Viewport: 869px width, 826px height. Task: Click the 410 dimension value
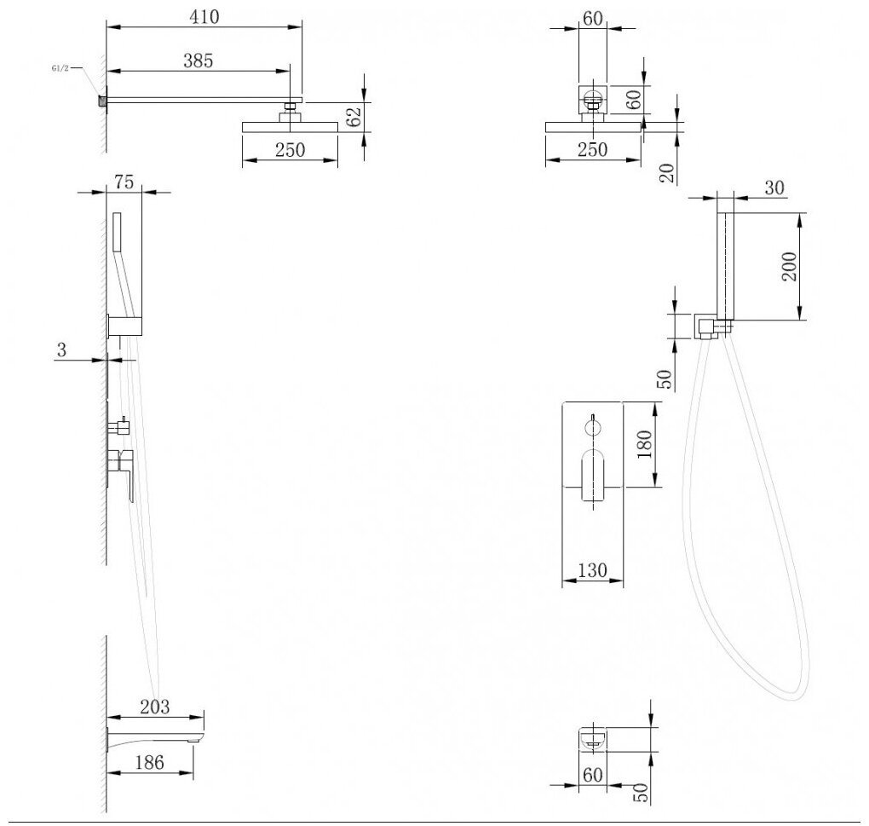pos(204,17)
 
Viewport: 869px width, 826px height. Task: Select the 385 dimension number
pos(198,61)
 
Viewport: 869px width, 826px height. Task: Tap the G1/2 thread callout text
pos(60,68)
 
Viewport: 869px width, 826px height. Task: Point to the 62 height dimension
pos(354,116)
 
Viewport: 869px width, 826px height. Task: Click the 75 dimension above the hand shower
pos(124,182)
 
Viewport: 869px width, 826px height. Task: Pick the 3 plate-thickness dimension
pos(61,349)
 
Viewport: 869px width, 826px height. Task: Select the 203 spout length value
pos(154,707)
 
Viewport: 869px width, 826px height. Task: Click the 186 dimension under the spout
pos(150,763)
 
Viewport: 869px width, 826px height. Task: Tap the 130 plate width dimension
pos(592,570)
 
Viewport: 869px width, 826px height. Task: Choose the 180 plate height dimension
pos(644,444)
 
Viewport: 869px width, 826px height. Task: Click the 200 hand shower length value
pos(789,266)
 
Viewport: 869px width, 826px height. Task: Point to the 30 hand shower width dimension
pos(774,188)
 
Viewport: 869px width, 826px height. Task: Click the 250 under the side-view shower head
pos(290,150)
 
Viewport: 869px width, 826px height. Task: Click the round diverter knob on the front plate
pos(593,427)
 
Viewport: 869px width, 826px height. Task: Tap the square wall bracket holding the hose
pos(705,326)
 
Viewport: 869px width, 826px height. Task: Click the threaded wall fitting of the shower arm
pos(102,101)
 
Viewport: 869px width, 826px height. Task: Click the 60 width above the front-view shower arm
pos(592,18)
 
